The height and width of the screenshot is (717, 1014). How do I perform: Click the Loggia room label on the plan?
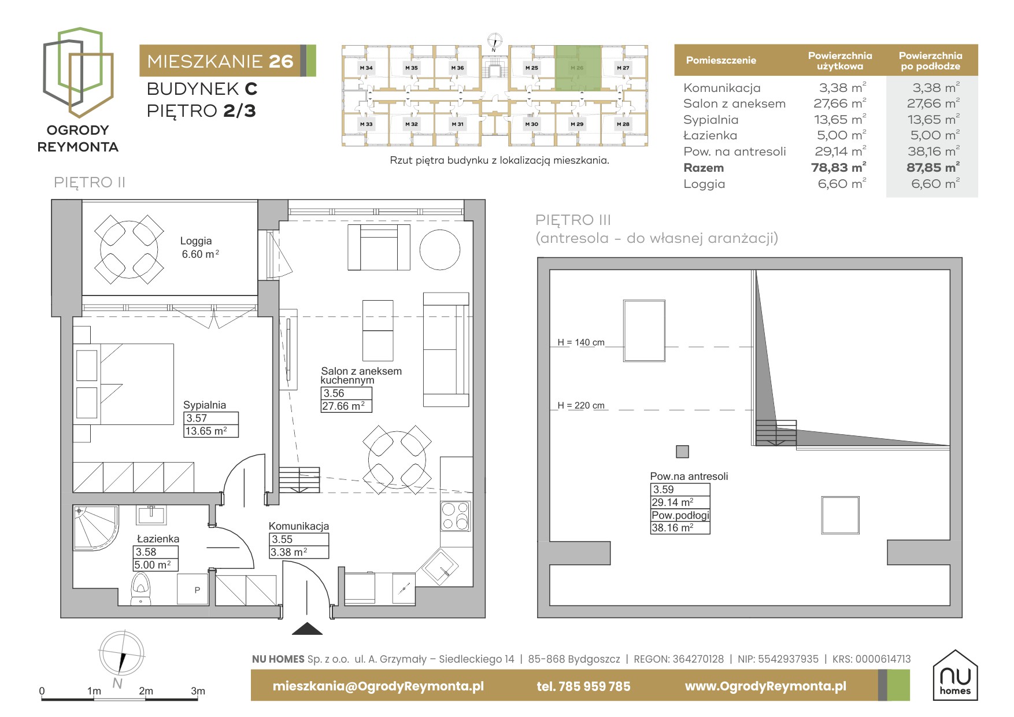pyautogui.click(x=196, y=241)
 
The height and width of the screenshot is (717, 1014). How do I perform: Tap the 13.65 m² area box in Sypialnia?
pyautogui.click(x=211, y=431)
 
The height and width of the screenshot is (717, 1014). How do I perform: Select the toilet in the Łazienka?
pyautogui.click(x=141, y=589)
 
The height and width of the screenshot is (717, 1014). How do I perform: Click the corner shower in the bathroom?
pyautogui.click(x=96, y=527)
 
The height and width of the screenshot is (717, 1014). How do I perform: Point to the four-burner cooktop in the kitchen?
pyautogui.click(x=456, y=516)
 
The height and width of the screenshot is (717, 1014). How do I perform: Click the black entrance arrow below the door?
pyautogui.click(x=307, y=629)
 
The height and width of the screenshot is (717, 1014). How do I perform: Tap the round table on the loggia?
pyautogui.click(x=129, y=249)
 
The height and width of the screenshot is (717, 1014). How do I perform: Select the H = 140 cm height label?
pyautogui.click(x=581, y=342)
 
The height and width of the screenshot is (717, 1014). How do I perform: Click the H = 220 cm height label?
pyautogui.click(x=581, y=406)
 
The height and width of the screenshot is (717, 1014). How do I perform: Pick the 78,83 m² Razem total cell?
pyautogui.click(x=838, y=168)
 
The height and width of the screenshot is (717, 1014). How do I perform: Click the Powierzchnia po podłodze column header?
pyautogui.click(x=930, y=61)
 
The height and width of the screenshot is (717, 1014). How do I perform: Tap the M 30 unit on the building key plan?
pyautogui.click(x=531, y=124)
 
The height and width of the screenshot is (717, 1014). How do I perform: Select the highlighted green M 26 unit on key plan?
pyautogui.click(x=578, y=68)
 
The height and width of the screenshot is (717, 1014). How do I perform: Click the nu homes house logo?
pyautogui.click(x=955, y=675)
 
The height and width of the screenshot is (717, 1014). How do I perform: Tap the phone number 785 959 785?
pyautogui.click(x=583, y=686)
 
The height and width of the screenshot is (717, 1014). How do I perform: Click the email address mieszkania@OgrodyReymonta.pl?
pyautogui.click(x=378, y=686)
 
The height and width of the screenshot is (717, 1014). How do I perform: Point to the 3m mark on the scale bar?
pyautogui.click(x=198, y=691)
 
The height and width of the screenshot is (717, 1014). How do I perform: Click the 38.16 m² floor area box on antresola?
pyautogui.click(x=680, y=528)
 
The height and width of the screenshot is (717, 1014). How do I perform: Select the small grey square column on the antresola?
pyautogui.click(x=682, y=452)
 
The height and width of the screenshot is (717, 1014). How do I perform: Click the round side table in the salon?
pyautogui.click(x=439, y=250)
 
